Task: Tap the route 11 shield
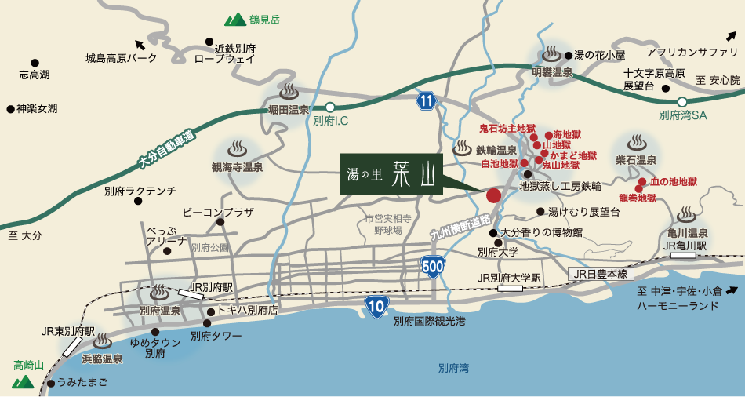[426, 101]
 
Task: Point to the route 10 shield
[376, 307]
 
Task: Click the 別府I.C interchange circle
[330, 107]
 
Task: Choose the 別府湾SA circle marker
[682, 102]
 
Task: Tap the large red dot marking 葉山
[493, 195]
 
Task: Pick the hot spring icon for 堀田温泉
[288, 91]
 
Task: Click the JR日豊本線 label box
[601, 274]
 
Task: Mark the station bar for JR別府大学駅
[511, 289]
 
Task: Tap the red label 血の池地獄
[673, 181]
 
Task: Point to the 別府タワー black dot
[207, 322]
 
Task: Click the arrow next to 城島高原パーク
[140, 45]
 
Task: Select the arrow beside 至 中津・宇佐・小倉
[731, 291]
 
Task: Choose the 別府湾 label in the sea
[453, 367]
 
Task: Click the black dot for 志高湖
[35, 63]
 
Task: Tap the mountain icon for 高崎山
[23, 382]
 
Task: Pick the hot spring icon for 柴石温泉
[636, 144]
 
